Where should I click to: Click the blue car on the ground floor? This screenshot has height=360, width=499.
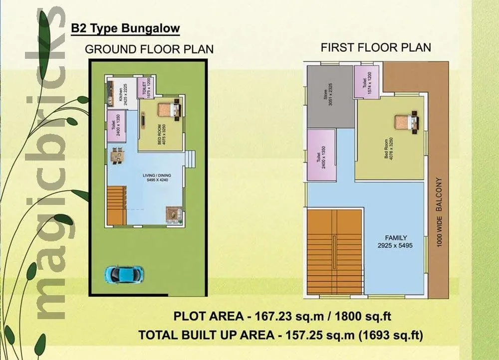pos(124,273)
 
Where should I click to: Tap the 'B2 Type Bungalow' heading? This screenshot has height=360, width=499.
pos(125,28)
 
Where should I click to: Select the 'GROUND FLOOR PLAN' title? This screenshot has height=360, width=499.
pos(149,49)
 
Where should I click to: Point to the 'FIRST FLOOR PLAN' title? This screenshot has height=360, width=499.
pos(376,48)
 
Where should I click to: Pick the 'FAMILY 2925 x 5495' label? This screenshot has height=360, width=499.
pos(396,242)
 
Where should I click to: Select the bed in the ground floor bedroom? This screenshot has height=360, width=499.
pos(168,110)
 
